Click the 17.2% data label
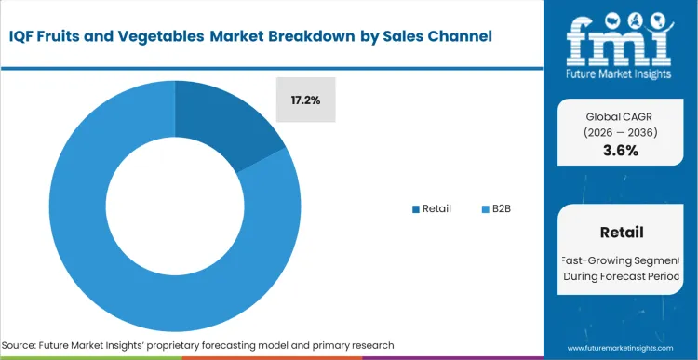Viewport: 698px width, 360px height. click(x=304, y=100)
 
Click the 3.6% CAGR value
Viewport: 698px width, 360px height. click(x=619, y=151)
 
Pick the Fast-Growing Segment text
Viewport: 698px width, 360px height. click(x=621, y=260)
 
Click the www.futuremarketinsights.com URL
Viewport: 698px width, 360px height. click(x=620, y=345)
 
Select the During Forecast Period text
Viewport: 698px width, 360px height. click(x=621, y=277)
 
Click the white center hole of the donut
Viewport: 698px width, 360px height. click(x=174, y=206)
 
